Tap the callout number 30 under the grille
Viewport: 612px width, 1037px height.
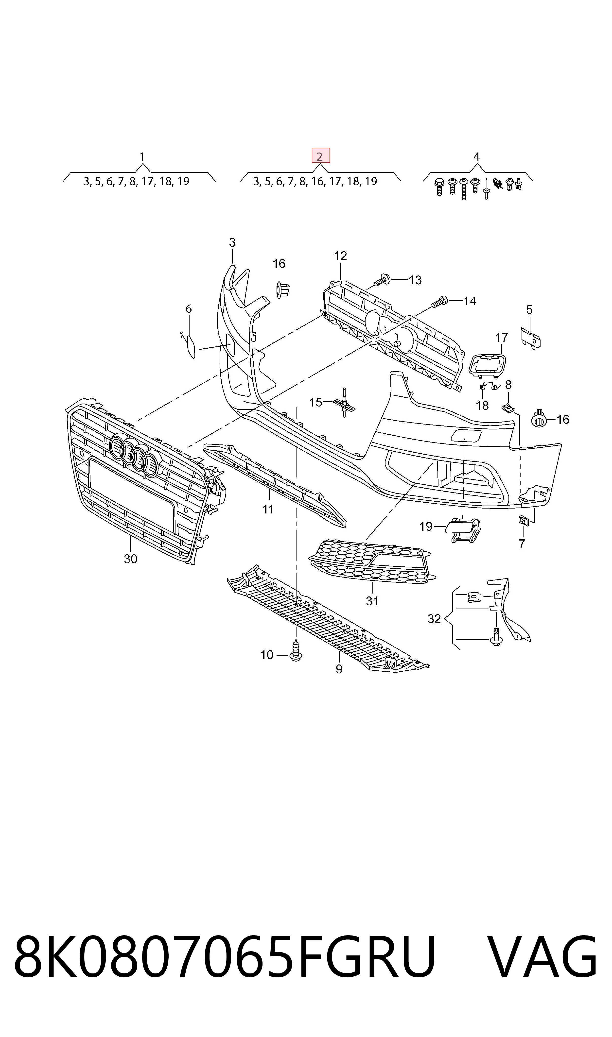[x=130, y=559]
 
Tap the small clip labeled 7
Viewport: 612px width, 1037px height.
[x=524, y=521]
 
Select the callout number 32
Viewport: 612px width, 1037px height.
[x=434, y=619]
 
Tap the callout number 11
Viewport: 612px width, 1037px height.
[x=268, y=510]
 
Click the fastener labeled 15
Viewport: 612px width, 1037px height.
[x=344, y=402]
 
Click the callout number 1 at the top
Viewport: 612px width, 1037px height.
[x=142, y=157]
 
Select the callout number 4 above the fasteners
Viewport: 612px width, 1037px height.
[x=476, y=157]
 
